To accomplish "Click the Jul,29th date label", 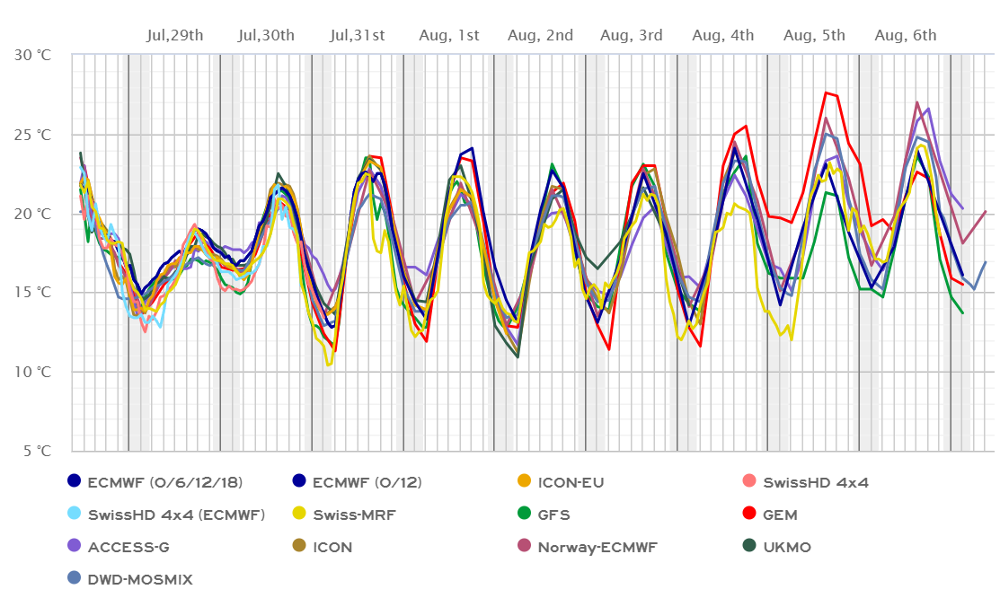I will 175,36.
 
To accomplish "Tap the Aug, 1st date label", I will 449,36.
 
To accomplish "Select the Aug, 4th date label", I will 723,36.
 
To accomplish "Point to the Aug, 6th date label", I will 907,36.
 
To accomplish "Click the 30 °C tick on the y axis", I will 33,55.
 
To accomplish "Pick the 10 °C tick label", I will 33,372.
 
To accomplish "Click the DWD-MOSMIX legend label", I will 140,580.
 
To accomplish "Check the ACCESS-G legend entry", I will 128,547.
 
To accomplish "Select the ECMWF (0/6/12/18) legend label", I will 165,482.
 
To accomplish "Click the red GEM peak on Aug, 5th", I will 826,92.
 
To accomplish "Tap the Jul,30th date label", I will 267,36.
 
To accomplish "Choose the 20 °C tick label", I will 33,214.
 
